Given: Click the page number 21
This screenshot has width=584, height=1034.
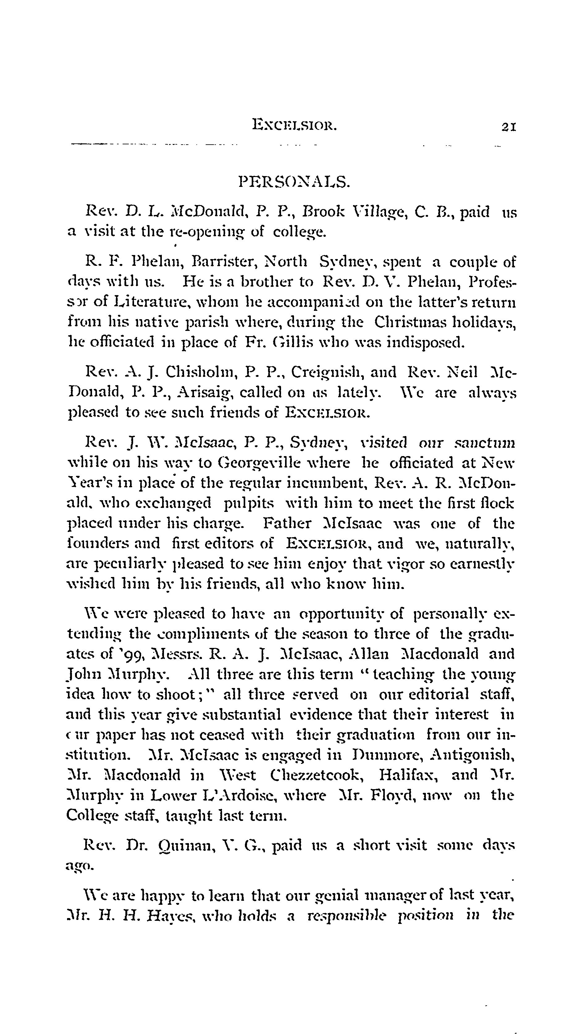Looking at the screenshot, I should coord(508,127).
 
